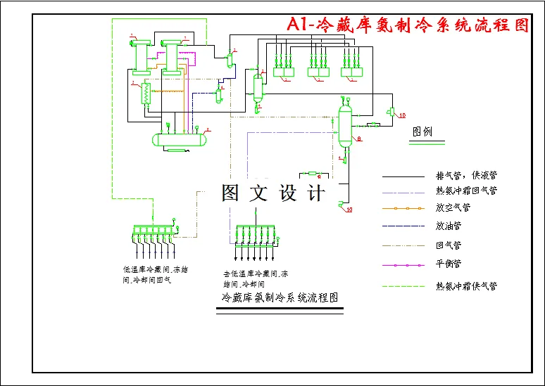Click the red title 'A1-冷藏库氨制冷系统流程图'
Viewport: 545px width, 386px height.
(408, 25)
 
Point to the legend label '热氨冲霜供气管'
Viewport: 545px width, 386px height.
(467, 286)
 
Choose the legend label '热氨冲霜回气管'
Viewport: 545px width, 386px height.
(467, 190)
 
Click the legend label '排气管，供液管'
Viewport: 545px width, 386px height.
(467, 175)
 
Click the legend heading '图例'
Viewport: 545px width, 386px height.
(422, 131)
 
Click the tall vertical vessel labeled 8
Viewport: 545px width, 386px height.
(344, 125)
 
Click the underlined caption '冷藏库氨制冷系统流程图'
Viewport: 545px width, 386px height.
(280, 298)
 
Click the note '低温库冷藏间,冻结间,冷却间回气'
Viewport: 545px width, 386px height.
(156, 274)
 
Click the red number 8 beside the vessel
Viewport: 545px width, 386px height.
(359, 140)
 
